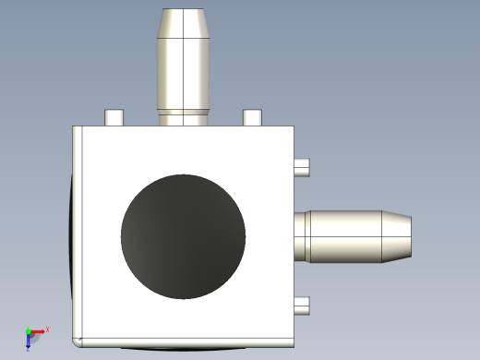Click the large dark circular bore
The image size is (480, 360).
(x=184, y=236)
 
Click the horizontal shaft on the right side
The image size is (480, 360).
(x=346, y=236)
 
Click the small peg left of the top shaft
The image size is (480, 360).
(x=114, y=117)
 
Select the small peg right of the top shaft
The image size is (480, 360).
(x=252, y=117)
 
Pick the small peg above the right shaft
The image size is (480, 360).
(x=301, y=167)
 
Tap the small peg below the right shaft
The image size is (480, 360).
(x=301, y=306)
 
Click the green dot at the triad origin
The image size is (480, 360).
(x=29, y=331)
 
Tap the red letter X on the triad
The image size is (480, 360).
(x=47, y=329)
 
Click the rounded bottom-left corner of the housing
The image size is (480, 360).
(x=78, y=341)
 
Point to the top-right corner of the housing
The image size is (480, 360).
(x=292, y=128)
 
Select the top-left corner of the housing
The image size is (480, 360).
(x=75, y=128)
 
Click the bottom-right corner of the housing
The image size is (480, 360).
(x=292, y=343)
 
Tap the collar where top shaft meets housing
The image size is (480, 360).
(x=185, y=117)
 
